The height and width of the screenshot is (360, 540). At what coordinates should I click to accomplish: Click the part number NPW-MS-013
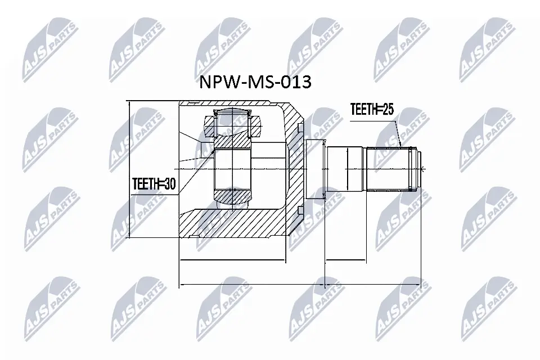click(x=255, y=83)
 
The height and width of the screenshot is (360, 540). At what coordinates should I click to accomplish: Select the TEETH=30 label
click(x=154, y=183)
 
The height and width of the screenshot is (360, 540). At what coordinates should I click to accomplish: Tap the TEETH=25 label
click(x=371, y=110)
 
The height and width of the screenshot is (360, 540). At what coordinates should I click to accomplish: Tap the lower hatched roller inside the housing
click(x=232, y=197)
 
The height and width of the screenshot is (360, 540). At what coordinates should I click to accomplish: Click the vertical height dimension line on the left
click(x=129, y=169)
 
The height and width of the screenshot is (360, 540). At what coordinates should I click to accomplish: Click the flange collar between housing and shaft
click(x=315, y=169)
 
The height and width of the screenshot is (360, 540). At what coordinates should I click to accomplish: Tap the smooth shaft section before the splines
click(x=346, y=169)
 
